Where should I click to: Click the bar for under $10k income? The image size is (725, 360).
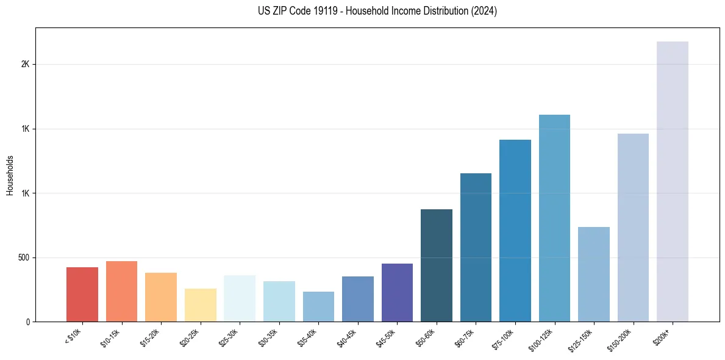click(x=82, y=294)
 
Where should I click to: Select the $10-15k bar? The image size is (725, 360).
click(x=121, y=291)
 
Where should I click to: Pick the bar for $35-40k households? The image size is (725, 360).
click(x=318, y=306)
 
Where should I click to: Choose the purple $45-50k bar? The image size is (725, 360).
click(x=397, y=292)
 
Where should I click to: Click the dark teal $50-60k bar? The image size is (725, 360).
click(x=437, y=265)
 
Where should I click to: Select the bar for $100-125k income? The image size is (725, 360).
click(x=554, y=218)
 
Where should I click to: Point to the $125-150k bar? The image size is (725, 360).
click(x=594, y=274)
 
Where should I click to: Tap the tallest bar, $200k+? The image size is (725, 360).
click(x=673, y=181)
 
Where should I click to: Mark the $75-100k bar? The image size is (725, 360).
click(x=515, y=231)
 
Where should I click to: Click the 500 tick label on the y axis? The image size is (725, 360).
click(x=24, y=257)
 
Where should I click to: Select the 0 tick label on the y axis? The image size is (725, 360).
click(x=28, y=322)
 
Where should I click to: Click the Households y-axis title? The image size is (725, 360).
click(x=10, y=175)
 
